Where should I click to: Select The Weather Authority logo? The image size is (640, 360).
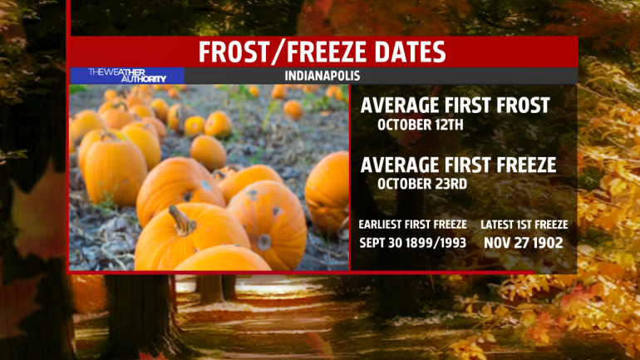coord(127,75)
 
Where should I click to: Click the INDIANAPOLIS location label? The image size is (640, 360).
coord(322,76)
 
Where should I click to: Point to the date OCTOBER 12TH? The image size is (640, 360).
coord(421,125)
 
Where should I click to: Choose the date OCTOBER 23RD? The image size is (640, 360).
coord(422,184)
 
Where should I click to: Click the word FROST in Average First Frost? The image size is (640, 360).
coord(524,106)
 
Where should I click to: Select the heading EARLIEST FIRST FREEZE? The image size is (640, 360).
coord(412,224)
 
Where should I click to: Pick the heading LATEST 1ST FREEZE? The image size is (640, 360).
coord(524,224)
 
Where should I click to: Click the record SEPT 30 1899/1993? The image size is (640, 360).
coord(412,243)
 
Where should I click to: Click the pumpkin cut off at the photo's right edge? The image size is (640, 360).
coord(327,192)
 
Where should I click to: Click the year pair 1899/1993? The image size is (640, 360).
coord(438,243)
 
